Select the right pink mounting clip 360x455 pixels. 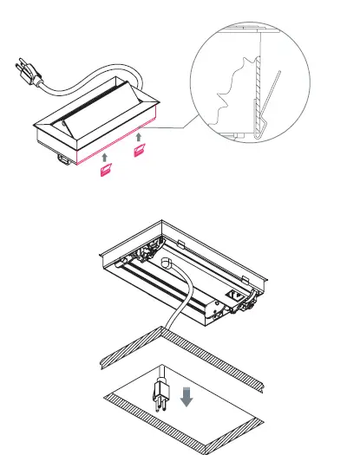[138, 152]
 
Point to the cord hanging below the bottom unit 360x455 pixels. [173, 321]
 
